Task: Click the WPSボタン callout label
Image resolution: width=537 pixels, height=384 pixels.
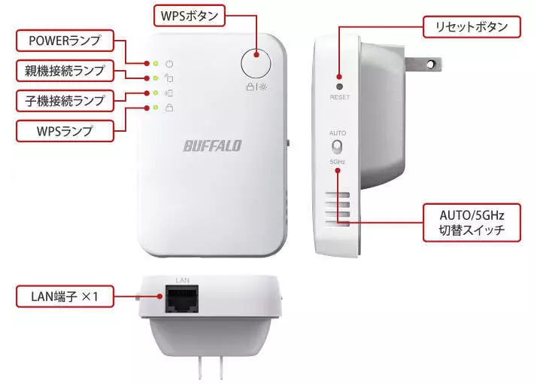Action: click(190, 16)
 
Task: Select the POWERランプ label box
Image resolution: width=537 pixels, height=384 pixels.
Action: click(65, 41)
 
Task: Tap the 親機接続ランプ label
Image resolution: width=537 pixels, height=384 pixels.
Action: click(65, 71)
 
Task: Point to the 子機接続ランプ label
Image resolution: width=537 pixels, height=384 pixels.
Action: click(65, 101)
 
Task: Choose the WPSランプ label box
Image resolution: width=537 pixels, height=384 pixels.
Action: click(65, 131)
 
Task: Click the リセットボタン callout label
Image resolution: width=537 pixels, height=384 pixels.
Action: click(472, 27)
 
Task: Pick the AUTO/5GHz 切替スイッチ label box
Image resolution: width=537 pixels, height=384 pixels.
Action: click(472, 223)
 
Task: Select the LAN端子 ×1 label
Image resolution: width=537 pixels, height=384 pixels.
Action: click(65, 296)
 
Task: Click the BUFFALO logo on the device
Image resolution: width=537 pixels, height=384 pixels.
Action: click(213, 146)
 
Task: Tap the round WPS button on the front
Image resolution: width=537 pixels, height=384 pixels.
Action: click(256, 63)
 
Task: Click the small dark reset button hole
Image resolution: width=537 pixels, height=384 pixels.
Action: click(339, 87)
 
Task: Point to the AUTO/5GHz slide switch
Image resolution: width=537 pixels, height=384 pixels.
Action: click(337, 147)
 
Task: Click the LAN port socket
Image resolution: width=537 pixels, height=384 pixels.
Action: click(182, 299)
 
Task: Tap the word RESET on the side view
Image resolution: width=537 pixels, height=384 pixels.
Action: click(339, 97)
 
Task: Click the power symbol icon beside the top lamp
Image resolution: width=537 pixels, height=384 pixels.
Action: click(169, 64)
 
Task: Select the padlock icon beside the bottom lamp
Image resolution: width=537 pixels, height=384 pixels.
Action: click(169, 108)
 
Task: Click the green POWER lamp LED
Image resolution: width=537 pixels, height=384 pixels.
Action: click(156, 63)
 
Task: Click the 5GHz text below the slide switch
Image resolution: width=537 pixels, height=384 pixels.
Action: click(338, 161)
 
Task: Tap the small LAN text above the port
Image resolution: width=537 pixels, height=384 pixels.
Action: click(182, 280)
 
